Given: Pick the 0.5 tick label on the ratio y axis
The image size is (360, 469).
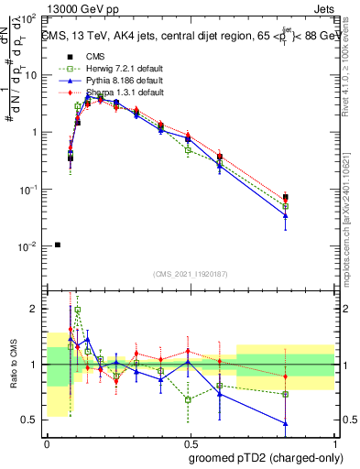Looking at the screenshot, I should click(33, 420).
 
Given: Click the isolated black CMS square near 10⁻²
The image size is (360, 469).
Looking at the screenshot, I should click(58, 245).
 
